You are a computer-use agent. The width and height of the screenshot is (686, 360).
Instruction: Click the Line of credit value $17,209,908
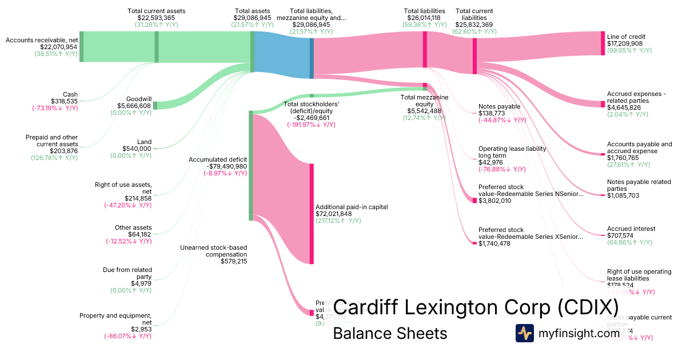pos(625,43)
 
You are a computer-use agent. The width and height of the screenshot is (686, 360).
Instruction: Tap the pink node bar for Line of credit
pos(603,43)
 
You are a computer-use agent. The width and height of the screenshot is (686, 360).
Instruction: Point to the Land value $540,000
pos(137,149)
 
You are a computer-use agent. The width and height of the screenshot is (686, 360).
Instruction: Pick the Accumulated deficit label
pos(218,159)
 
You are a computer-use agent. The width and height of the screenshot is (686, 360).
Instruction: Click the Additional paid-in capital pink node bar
pos(312,214)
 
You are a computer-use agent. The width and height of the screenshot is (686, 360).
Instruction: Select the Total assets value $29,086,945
pos(252,18)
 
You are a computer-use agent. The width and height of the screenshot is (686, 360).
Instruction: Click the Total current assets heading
pos(157,11)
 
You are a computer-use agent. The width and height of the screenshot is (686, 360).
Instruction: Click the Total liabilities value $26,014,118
pos(425,18)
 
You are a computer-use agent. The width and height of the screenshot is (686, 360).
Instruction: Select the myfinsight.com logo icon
pos(525,333)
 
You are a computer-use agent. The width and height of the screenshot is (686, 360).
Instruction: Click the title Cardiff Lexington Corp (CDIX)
pos(476,307)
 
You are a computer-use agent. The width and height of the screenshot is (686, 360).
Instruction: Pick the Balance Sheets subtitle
pos(390,333)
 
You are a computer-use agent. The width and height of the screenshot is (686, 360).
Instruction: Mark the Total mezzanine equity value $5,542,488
pos(424,111)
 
